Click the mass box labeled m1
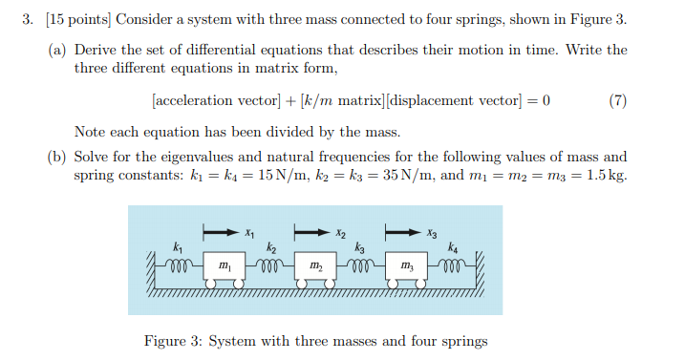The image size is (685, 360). tap(225, 264)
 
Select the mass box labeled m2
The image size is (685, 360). tap(314, 264)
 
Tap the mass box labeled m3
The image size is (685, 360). tap(406, 264)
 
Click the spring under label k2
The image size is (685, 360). tap(269, 265)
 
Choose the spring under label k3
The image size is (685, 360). tap(360, 265)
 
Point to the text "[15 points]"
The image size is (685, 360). tap(66, 21)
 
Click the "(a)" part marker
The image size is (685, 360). tap(57, 50)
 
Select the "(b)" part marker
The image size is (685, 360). tap(57, 157)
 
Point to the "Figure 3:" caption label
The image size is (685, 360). tap(174, 340)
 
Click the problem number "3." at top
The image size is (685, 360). tap(28, 21)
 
